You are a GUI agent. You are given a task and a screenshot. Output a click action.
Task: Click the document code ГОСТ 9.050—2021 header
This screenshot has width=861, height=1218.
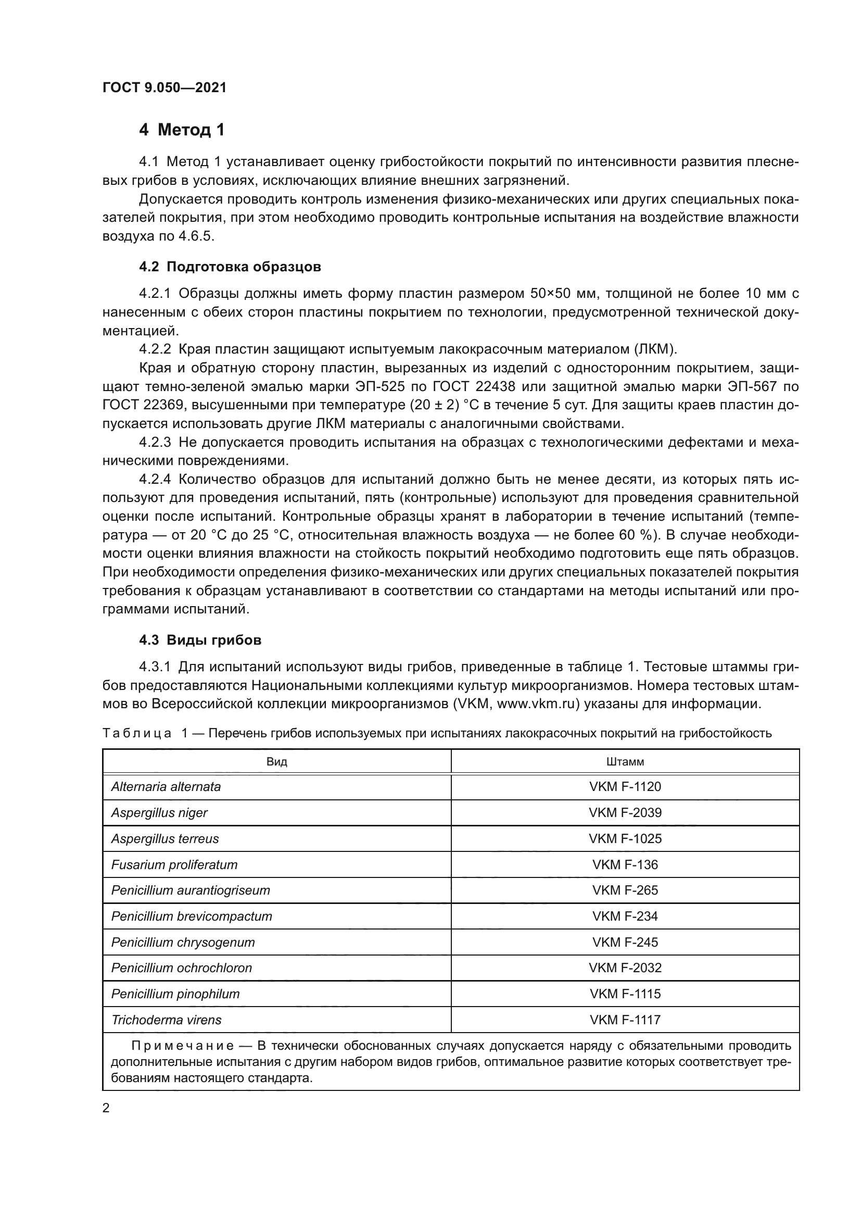tap(164, 87)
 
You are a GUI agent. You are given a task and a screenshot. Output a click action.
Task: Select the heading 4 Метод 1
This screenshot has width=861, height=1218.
tap(182, 130)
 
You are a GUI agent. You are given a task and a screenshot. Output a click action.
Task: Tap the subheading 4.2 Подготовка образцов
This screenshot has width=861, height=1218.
tap(230, 267)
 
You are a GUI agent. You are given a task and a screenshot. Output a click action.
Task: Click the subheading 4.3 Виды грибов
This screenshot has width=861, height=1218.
tap(200, 641)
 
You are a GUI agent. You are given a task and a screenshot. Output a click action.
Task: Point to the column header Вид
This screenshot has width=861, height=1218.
tap(277, 762)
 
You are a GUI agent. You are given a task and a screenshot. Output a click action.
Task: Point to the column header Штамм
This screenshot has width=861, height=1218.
tap(625, 762)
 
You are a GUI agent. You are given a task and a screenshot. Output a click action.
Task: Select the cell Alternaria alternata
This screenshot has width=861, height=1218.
tap(166, 787)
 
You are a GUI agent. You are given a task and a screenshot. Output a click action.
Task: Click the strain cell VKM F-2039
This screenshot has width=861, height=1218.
tap(625, 813)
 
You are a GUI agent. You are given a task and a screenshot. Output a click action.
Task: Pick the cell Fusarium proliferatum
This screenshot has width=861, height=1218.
tap(174, 865)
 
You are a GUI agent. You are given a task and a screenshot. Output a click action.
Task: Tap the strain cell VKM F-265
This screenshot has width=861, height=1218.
tap(625, 890)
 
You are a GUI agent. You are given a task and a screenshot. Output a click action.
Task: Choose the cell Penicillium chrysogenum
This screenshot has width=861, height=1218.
tap(183, 942)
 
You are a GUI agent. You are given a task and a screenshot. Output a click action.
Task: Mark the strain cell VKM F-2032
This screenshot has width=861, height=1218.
tap(625, 968)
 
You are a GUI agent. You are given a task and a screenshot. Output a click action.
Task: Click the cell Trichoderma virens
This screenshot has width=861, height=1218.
tap(167, 1020)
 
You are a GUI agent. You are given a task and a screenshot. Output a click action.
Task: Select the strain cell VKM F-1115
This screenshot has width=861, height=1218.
tap(625, 994)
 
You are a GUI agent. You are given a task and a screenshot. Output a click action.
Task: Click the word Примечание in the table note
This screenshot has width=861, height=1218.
tap(182, 1046)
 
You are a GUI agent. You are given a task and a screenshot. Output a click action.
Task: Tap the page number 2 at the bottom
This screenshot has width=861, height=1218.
tap(106, 1108)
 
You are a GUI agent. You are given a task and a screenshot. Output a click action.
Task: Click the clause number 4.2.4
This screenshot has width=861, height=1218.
tap(155, 480)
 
